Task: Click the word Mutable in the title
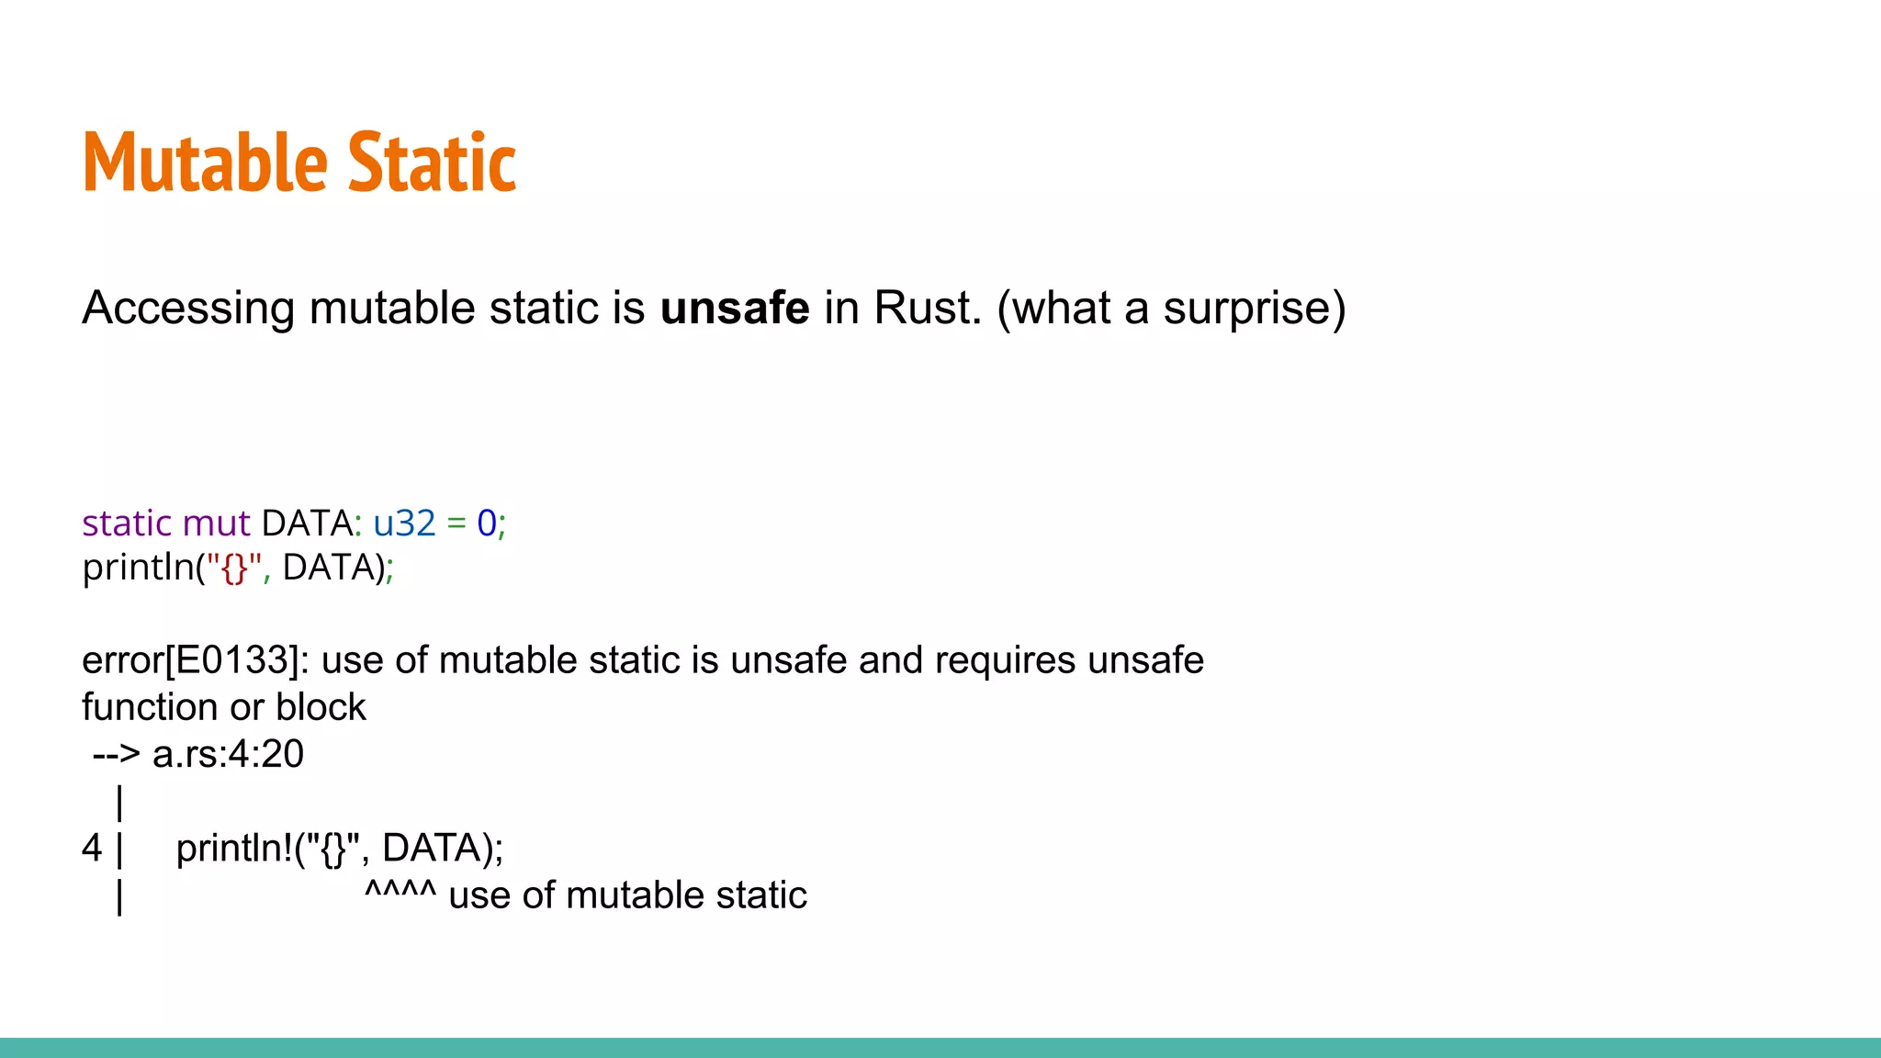pos(205,163)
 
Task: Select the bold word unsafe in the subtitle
pos(734,308)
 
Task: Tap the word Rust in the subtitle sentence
pos(926,308)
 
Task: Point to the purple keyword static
pos(127,523)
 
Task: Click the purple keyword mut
pos(216,523)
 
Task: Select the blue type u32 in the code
pos(404,523)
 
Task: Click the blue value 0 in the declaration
pos(486,523)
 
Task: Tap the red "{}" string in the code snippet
pos(234,568)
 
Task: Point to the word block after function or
pos(321,708)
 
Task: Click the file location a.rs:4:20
pos(228,755)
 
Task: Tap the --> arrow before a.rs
pos(117,755)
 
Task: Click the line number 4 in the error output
pos(91,849)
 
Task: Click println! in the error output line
pos(234,849)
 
